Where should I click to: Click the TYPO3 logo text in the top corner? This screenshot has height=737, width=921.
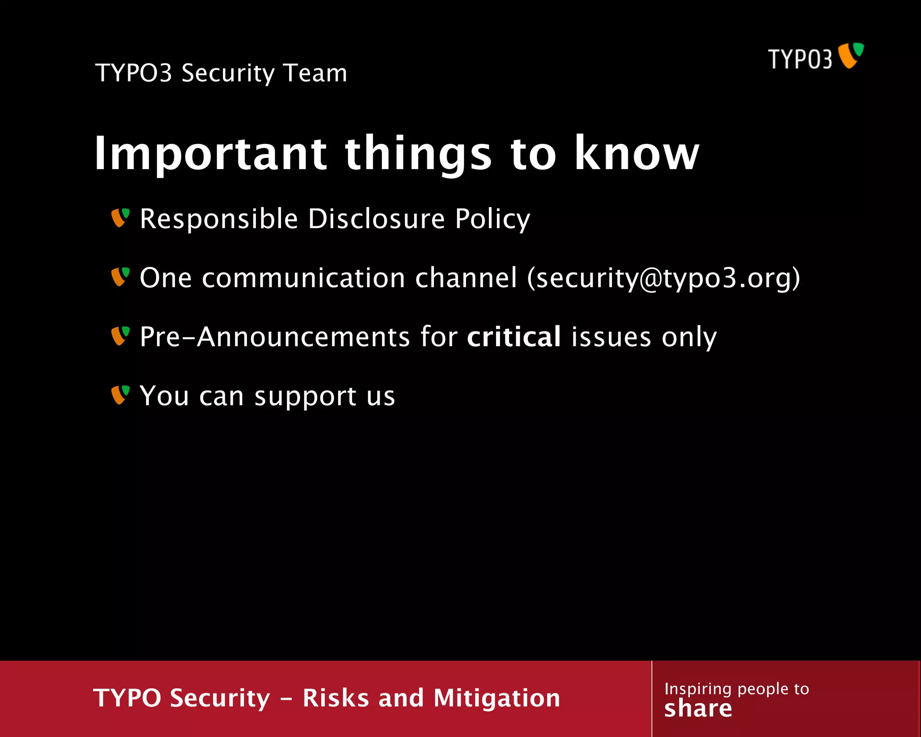pyautogui.click(x=800, y=59)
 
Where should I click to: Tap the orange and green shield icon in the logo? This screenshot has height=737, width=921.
pyautogui.click(x=851, y=55)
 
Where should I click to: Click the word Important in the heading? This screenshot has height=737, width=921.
pyautogui.click(x=210, y=154)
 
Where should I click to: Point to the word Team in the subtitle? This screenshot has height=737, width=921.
pyautogui.click(x=315, y=73)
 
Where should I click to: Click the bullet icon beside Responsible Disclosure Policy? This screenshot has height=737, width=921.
pyautogui.click(x=120, y=218)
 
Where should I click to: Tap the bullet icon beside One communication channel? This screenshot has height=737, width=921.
pyautogui.click(x=120, y=277)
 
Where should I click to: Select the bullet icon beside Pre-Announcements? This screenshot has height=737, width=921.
pyautogui.click(x=120, y=336)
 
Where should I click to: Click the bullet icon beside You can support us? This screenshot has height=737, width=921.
pyautogui.click(x=120, y=395)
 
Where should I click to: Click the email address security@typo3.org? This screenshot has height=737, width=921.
pyautogui.click(x=664, y=278)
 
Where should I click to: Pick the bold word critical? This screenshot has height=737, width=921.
pyautogui.click(x=514, y=337)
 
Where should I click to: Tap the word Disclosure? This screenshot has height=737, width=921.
pyautogui.click(x=376, y=219)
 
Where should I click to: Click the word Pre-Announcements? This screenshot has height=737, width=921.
pyautogui.click(x=274, y=337)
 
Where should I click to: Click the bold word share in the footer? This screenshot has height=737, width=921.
pyautogui.click(x=698, y=709)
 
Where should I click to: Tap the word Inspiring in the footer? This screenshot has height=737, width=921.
pyautogui.click(x=697, y=689)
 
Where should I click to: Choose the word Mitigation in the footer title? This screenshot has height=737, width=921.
pyautogui.click(x=497, y=698)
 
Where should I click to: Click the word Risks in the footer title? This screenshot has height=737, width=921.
pyautogui.click(x=335, y=698)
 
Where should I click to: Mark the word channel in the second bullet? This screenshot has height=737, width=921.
pyautogui.click(x=465, y=278)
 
